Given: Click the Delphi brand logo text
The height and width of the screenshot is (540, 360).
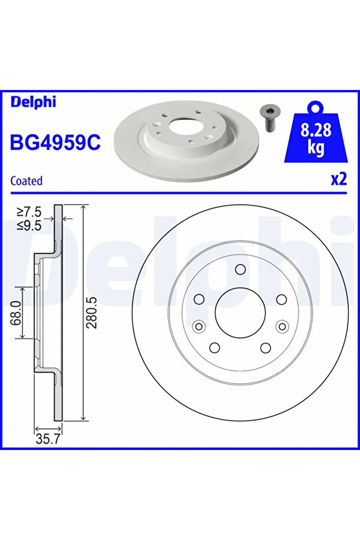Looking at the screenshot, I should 33,103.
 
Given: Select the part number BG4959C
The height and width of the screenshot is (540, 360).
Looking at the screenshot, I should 56,142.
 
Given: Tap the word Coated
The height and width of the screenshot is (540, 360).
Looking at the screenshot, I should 27,181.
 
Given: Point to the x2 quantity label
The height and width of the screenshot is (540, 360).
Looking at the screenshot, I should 338,179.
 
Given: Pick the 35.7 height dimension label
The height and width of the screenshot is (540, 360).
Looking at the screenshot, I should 48,440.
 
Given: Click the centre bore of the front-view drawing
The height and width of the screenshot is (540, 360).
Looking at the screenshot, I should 240,311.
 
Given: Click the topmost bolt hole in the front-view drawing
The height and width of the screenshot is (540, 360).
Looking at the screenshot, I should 240,269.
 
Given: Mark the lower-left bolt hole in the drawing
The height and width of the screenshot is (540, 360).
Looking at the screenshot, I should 214,347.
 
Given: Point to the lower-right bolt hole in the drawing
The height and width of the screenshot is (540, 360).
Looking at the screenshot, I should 266,347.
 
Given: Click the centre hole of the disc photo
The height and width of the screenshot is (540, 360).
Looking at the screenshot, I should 185,124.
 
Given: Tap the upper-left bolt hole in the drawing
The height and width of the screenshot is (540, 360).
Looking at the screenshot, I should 199,299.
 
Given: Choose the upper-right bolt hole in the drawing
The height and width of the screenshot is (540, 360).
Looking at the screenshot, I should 282,299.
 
